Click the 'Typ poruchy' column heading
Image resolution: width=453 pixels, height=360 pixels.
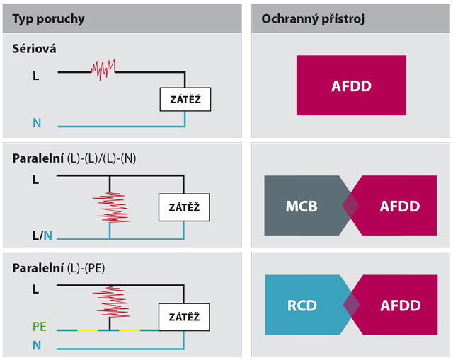(48, 19)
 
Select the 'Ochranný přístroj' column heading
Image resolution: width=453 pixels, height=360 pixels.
(313, 19)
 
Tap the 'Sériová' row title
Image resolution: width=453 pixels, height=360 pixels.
(34, 49)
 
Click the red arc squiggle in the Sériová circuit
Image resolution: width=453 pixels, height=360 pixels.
(103, 70)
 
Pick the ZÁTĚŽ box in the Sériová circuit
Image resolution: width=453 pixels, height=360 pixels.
(185, 99)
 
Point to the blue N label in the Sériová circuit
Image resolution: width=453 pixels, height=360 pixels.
(37, 123)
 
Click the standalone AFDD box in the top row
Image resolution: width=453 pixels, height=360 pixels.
(351, 86)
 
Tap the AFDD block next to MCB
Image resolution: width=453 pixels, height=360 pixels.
(393, 206)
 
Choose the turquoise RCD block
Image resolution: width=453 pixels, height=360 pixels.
(309, 305)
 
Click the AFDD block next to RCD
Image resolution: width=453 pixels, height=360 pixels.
(394, 305)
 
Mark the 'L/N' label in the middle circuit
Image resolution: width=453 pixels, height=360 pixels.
(42, 236)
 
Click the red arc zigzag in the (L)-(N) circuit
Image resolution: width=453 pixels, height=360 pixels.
(111, 207)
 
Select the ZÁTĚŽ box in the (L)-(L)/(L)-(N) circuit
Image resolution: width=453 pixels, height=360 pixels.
(184, 207)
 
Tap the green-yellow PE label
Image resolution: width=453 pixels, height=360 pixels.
(40, 327)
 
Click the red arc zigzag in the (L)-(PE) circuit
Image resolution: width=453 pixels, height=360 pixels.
(111, 302)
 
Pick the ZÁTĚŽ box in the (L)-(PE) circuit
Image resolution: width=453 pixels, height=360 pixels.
(184, 317)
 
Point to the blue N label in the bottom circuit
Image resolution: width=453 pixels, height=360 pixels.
(37, 346)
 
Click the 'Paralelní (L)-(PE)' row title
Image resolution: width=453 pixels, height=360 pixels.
(59, 269)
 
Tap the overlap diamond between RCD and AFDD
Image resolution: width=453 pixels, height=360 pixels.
(352, 305)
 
